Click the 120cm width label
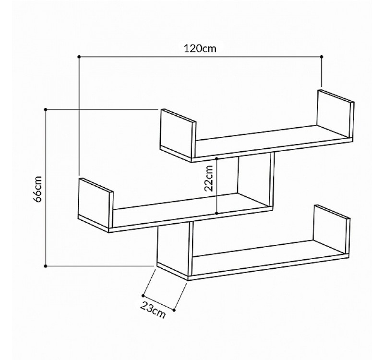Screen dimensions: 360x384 coord(200,48)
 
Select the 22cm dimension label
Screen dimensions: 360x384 coord(209,179)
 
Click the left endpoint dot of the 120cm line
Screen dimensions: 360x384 coord(79,57)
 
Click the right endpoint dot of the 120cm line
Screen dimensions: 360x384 coord(321,57)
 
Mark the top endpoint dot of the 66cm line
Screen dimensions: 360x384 coord(46,109)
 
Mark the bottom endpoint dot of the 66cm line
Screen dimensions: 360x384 coord(46,265)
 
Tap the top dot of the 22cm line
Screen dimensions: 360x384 coord(217,158)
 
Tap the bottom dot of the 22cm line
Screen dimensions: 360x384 coord(217,213)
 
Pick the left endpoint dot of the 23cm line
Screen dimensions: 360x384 coord(143,295)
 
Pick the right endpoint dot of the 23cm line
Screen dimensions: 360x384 coord(174,310)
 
